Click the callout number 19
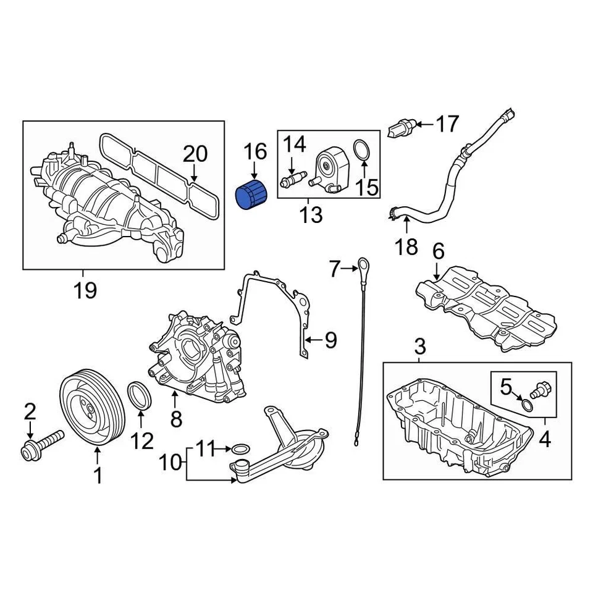tap(85, 289)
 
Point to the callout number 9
tap(330, 340)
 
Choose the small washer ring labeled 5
tap(526, 405)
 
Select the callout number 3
tap(420, 347)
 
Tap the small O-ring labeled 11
tap(241, 448)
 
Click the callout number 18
tap(406, 247)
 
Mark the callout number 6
tap(437, 251)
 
